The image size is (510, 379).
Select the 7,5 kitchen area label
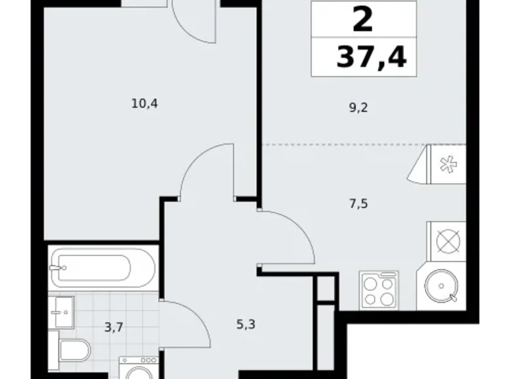(x=359, y=203)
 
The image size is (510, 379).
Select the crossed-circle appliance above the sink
(x=447, y=241)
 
